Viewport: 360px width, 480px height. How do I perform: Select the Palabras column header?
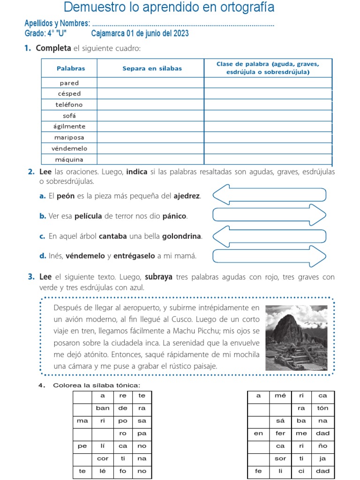(71, 68)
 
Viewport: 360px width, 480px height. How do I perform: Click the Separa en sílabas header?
(152, 68)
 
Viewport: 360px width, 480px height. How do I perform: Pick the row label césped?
(69, 94)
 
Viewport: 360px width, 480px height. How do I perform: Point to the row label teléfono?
(69, 105)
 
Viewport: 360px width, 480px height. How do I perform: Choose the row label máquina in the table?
(69, 159)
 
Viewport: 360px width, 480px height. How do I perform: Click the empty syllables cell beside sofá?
(150, 115)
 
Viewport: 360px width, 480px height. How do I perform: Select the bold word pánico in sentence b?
(174, 216)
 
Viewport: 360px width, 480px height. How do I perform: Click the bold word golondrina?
(182, 237)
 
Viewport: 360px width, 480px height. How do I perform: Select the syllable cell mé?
(280, 396)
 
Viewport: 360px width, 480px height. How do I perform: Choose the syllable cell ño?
(322, 446)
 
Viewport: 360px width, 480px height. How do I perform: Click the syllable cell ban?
(102, 408)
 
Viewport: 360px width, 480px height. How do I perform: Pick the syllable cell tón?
(322, 408)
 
